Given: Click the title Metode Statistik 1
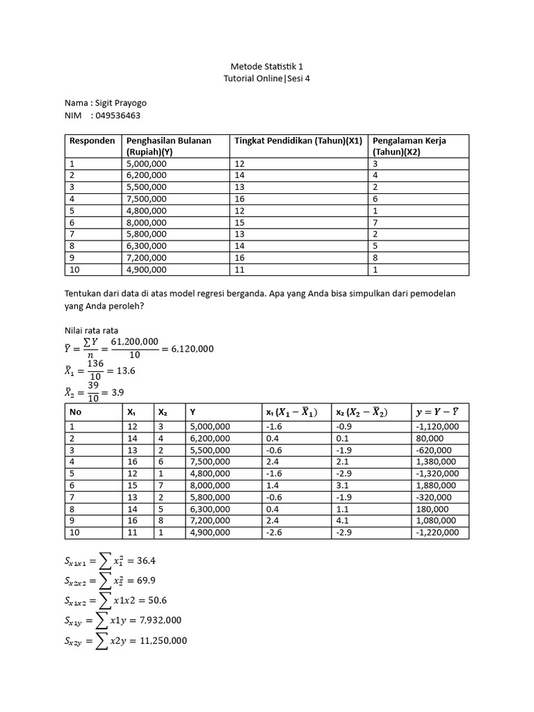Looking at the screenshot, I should (266, 66).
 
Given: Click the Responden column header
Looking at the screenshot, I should (92, 140).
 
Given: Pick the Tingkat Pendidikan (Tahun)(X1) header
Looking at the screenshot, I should (298, 140).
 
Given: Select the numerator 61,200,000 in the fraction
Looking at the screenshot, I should (130, 341).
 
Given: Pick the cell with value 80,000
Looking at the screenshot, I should (430, 437).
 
